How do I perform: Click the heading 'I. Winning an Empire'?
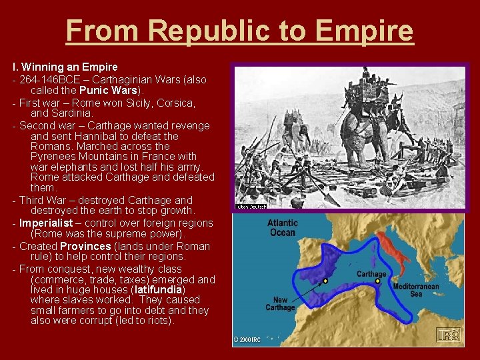65,67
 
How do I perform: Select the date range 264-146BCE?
47,79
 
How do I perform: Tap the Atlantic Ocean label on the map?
283,227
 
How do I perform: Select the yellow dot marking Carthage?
377,281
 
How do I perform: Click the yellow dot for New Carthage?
325,281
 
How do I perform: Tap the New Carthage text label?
279,303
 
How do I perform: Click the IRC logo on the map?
448,335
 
